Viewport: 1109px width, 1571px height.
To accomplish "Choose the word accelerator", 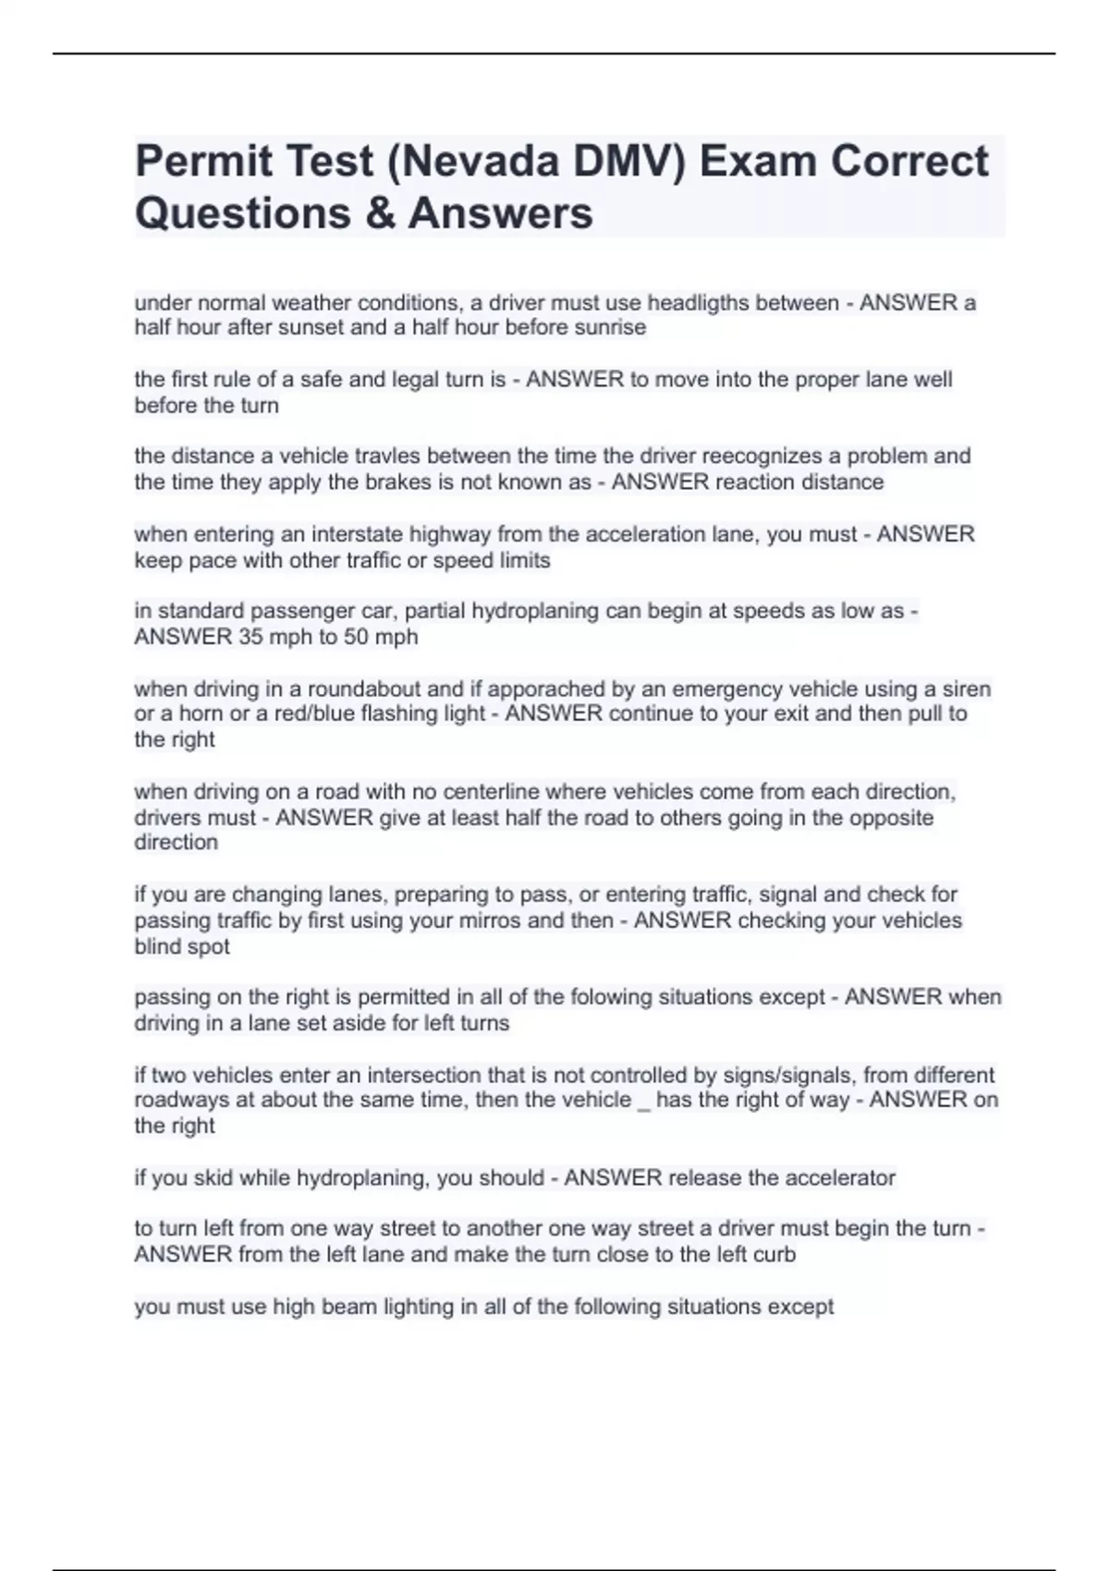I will coord(840,1177).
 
